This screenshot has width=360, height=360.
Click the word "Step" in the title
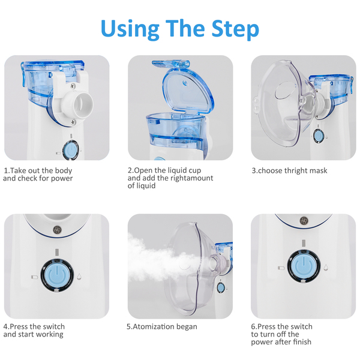coord(235,29)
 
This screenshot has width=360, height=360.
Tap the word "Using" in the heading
coord(130,29)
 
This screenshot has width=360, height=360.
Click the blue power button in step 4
coord(57,275)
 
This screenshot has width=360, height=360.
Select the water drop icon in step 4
coord(79,277)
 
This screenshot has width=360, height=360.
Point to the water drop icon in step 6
coord(326,267)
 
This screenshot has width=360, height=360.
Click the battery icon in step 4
coord(34,277)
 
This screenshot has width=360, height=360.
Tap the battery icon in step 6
coord(281,268)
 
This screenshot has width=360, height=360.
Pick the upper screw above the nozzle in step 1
coord(73,86)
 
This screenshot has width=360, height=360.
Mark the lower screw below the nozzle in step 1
coord(73,121)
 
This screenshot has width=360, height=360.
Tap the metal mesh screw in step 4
coord(58,229)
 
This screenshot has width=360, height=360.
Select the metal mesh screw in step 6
coord(304,220)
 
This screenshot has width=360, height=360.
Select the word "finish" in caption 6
coord(301,342)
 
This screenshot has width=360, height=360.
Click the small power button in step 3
coord(318,136)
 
